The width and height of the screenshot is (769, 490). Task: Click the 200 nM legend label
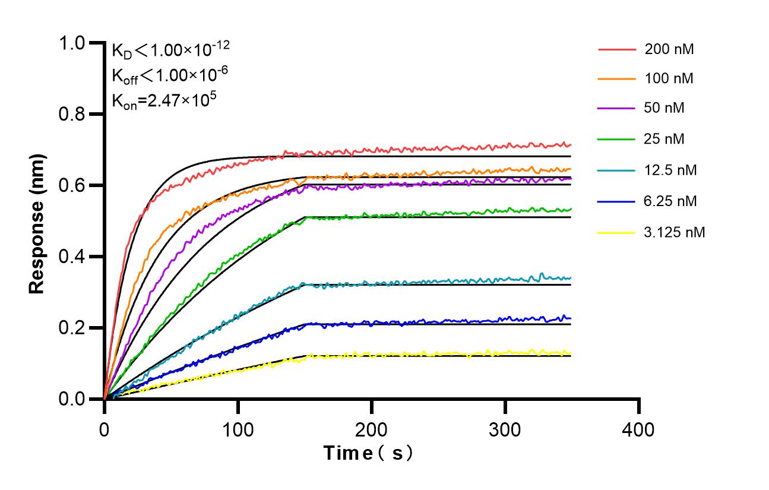pos(669,49)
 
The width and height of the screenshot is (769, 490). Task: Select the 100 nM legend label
pos(669,78)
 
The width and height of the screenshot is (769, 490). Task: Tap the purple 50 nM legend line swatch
pos(617,109)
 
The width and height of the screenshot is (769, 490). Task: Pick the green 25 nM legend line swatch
pos(617,139)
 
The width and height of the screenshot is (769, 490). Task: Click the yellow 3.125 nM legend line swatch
pos(617,232)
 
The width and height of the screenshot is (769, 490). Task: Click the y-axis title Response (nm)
pos(37,221)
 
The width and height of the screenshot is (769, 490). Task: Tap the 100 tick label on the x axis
pos(238,429)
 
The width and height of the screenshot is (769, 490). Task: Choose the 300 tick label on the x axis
pos(505,429)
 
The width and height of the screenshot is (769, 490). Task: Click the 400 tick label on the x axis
pos(639,429)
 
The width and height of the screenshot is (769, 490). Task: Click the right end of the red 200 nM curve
pos(571,145)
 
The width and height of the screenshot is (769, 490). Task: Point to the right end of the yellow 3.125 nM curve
pos(571,353)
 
